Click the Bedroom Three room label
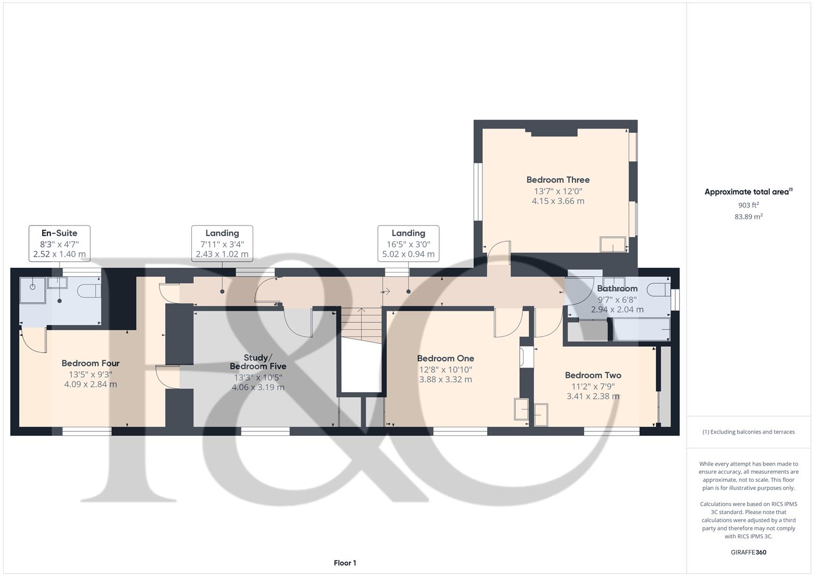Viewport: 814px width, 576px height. (558, 180)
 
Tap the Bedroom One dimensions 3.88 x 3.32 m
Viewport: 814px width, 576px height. (446, 379)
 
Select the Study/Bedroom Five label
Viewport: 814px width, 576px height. (258, 362)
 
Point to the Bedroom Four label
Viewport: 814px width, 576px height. (91, 363)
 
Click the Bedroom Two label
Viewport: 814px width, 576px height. (593, 375)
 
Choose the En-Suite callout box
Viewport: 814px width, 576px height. (60, 243)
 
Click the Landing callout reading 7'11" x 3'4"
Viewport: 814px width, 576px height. (222, 243)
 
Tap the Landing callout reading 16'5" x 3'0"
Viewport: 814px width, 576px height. (408, 243)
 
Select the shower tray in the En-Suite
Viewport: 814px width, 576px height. (33, 290)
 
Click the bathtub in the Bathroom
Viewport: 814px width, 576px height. (641, 330)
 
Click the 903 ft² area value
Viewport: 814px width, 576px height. (748, 205)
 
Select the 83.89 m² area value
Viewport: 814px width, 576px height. (748, 217)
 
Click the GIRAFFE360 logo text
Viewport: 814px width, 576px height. (748, 552)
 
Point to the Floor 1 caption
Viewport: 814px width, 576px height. (345, 563)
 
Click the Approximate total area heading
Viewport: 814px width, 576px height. (748, 191)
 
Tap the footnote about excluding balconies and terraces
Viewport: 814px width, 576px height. (748, 431)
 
